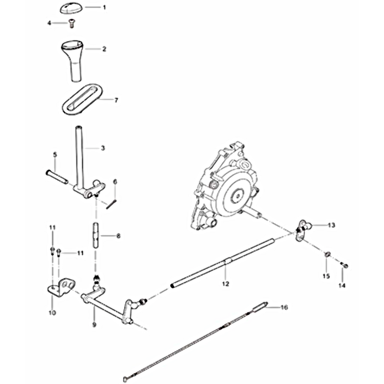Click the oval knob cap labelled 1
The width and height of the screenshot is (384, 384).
click(71, 8)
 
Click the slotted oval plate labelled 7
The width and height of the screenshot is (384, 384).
click(82, 99)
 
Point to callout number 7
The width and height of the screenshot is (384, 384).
click(116, 100)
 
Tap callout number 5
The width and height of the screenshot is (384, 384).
click(55, 155)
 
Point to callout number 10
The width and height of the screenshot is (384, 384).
click(52, 313)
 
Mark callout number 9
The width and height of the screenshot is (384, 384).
click(94, 325)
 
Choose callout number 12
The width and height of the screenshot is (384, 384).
click(226, 284)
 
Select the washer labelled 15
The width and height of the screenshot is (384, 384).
click(327, 255)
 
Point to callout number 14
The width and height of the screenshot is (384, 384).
click(342, 285)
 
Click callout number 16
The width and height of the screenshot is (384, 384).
click(284, 307)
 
